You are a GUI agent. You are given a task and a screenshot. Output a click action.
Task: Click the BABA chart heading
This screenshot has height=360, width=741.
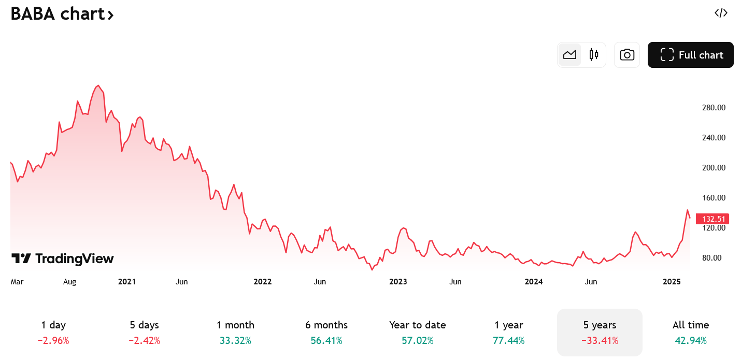coord(62,14)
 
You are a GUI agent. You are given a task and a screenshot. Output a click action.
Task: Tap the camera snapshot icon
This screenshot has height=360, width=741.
coord(627,55)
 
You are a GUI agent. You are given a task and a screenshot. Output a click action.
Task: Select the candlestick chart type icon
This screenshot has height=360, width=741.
coord(594,55)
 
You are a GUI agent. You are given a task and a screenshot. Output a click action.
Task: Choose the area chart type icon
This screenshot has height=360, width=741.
coord(569,55)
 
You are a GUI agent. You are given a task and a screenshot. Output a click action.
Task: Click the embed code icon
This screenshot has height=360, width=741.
coord(721,13)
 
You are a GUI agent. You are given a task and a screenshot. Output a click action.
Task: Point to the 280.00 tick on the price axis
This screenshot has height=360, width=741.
coord(714,108)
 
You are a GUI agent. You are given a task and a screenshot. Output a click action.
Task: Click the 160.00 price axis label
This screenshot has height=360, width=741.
coord(714,198)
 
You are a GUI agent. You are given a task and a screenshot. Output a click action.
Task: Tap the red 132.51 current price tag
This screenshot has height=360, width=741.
coord(712,219)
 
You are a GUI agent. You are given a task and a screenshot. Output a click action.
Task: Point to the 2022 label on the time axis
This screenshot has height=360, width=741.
coord(262,282)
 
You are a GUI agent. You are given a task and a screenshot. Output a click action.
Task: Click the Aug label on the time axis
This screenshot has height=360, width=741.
coord(69,282)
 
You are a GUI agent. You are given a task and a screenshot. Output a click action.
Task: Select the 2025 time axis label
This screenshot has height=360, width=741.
coord(672,282)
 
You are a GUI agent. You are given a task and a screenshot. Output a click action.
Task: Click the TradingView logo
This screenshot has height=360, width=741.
coord(63,259)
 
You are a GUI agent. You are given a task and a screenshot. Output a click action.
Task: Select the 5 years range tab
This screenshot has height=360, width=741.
coord(600,332)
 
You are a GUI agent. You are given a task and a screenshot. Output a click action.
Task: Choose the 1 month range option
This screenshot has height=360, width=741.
coord(236,332)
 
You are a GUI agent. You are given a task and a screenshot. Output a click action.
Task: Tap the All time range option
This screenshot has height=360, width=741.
coord(691,332)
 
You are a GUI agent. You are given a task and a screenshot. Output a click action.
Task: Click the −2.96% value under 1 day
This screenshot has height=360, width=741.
coord(53,340)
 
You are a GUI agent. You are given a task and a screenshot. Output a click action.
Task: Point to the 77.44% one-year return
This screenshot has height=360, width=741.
coord(509,340)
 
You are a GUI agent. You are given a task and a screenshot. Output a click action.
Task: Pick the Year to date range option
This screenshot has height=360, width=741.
coord(418,332)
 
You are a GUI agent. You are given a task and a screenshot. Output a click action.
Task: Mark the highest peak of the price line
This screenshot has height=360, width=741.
coord(98,85)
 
